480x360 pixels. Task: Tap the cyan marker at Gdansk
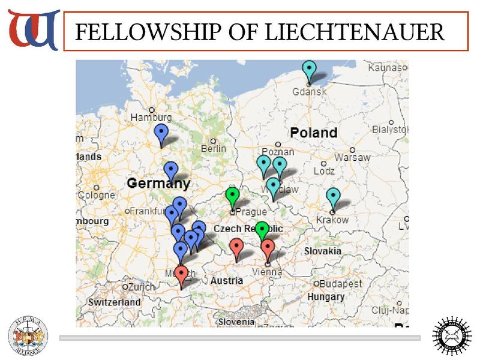point(309,71)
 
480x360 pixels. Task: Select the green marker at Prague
point(232,196)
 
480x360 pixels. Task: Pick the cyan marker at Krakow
point(333,197)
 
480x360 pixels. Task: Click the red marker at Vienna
point(268,248)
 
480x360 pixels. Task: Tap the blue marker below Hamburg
point(161,133)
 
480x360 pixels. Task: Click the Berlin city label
point(214,148)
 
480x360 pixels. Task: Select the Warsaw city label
point(352,157)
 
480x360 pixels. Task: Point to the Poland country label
point(314,133)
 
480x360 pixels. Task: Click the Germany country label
point(158,183)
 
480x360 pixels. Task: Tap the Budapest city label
point(341,284)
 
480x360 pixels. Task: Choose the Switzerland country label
point(114,302)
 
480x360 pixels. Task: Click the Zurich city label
point(142,287)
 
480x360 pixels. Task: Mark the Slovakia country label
point(323,251)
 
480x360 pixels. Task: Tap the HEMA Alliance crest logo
point(28,335)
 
